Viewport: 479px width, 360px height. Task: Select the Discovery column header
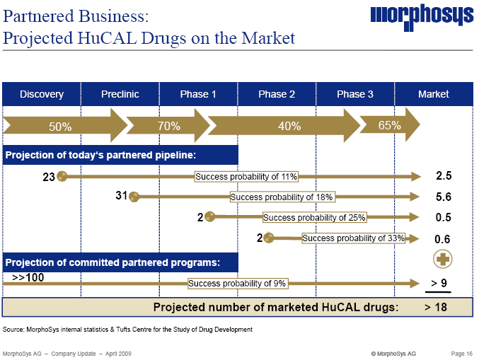[42, 94]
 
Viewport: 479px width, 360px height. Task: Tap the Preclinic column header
[120, 94]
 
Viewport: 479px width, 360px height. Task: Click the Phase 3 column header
[355, 94]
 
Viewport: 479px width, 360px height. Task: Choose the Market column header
[434, 94]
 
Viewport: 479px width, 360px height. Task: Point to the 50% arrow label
[60, 127]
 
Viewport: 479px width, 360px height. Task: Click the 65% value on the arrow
[390, 126]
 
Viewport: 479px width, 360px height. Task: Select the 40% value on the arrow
[289, 127]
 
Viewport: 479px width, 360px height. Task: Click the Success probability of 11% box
[246, 176]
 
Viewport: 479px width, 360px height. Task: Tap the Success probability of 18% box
[282, 197]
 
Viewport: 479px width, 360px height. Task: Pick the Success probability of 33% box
[353, 238]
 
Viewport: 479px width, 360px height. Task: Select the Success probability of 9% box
[237, 284]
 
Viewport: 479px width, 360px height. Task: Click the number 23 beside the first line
[49, 177]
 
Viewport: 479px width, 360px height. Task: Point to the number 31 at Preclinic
[121, 196]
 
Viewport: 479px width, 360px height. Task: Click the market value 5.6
[444, 197]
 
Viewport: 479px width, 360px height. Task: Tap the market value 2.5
[444, 176]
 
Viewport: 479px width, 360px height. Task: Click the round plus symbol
[444, 259]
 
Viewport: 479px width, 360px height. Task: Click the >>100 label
[28, 277]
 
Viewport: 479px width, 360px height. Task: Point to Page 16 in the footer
[463, 353]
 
